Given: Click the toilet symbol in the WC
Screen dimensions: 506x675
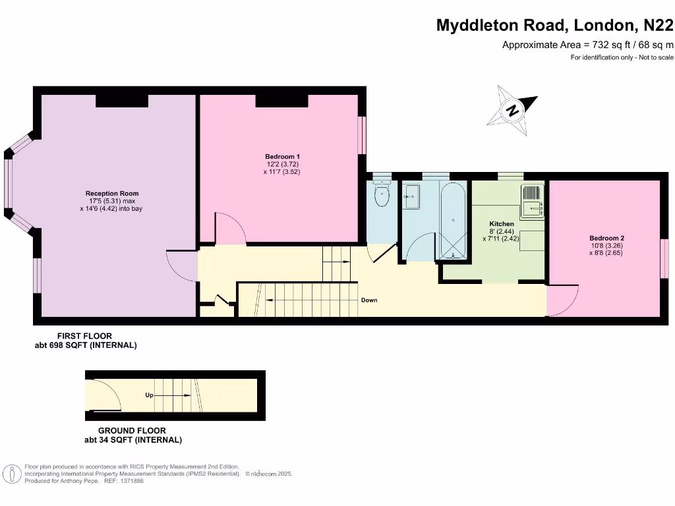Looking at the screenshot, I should tap(382, 195).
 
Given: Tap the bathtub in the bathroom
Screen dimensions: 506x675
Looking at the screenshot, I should tap(454, 220).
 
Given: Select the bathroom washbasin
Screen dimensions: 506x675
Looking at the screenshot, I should tap(411, 196).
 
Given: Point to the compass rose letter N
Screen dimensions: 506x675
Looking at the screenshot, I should tap(512, 111).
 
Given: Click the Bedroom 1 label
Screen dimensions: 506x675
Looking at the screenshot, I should tap(278, 156).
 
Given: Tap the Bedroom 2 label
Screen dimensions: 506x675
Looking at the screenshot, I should tap(606, 238).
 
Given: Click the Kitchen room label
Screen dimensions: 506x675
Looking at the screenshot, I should tap(501, 224).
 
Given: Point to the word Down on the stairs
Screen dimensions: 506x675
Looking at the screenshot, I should tap(369, 300).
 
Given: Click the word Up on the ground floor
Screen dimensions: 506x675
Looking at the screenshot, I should tap(149, 395).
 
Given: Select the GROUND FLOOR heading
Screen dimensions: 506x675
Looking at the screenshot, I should tap(132, 431).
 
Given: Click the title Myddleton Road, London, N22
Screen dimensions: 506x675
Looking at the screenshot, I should tap(555, 26).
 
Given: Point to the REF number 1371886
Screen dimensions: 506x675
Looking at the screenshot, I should tap(130, 481).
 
